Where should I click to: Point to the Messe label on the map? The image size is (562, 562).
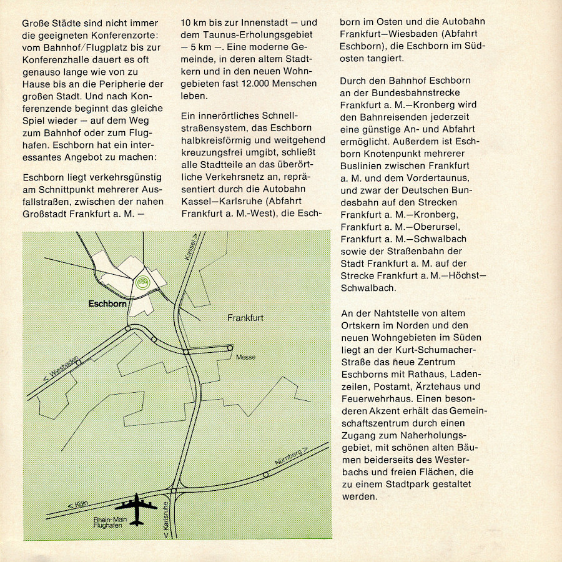[246, 357]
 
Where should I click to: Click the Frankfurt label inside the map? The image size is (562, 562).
[245, 318]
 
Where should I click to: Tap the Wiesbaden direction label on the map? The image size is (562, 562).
[62, 369]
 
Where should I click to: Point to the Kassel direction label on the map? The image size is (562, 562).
[194, 247]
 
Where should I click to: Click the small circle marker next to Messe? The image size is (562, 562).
[230, 348]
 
